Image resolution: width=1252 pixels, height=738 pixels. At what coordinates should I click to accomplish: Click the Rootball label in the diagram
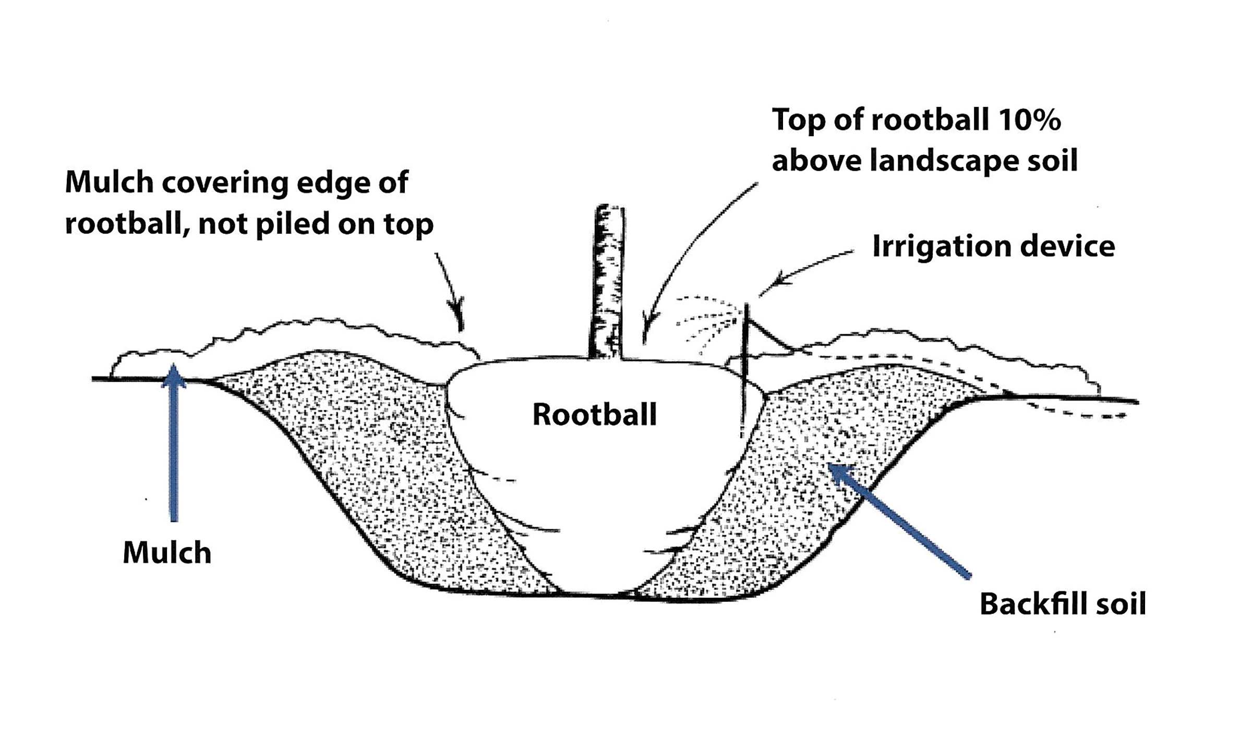coord(594,415)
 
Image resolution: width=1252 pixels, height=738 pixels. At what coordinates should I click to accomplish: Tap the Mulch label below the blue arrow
coord(167,553)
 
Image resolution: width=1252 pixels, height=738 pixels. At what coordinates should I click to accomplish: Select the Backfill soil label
coord(1063,604)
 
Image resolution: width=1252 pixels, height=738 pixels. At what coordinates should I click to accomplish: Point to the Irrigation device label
coord(993,246)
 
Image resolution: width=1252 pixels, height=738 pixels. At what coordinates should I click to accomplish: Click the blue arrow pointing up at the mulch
coord(174,443)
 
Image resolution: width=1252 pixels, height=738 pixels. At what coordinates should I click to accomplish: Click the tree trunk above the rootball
coord(608,282)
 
